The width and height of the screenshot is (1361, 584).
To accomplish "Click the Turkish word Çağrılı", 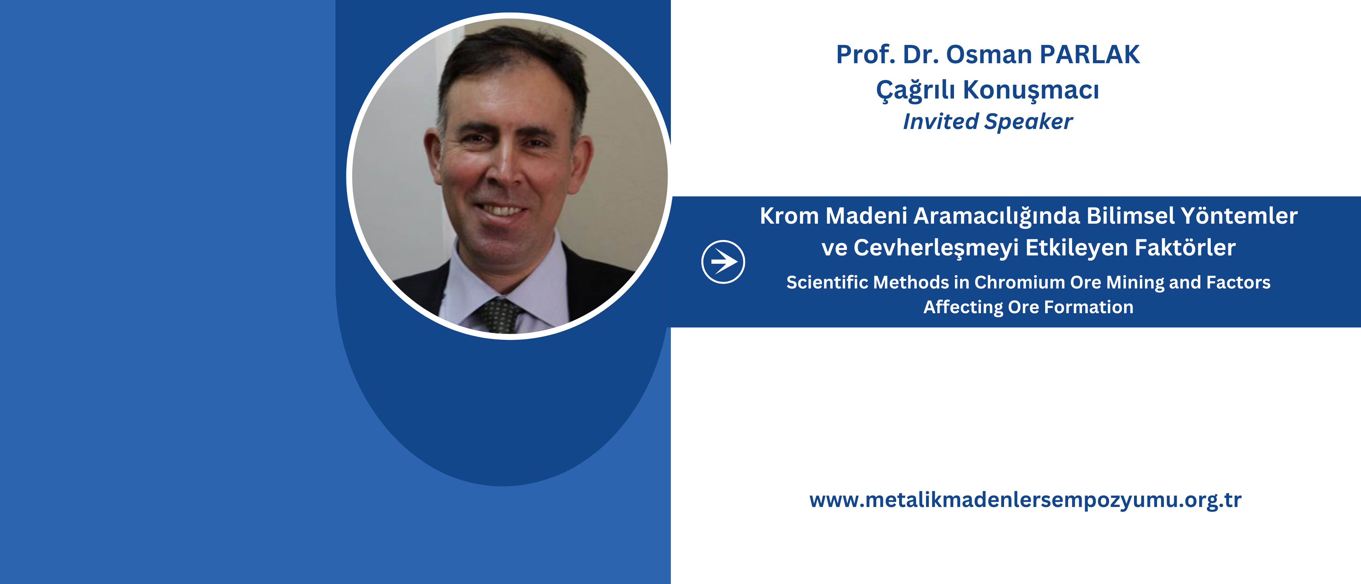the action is [x=915, y=90].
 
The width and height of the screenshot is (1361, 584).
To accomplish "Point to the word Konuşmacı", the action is [x=1031, y=90].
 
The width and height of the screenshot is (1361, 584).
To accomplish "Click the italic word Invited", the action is [x=941, y=121].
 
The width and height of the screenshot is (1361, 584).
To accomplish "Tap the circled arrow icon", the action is [x=723, y=262].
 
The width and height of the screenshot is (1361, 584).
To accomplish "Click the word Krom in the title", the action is [x=789, y=216].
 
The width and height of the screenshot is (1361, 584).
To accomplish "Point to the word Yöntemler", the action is [x=1239, y=216].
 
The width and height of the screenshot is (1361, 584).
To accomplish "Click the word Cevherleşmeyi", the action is [x=936, y=248].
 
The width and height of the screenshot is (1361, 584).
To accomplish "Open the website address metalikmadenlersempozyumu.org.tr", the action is [x=1025, y=500].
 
